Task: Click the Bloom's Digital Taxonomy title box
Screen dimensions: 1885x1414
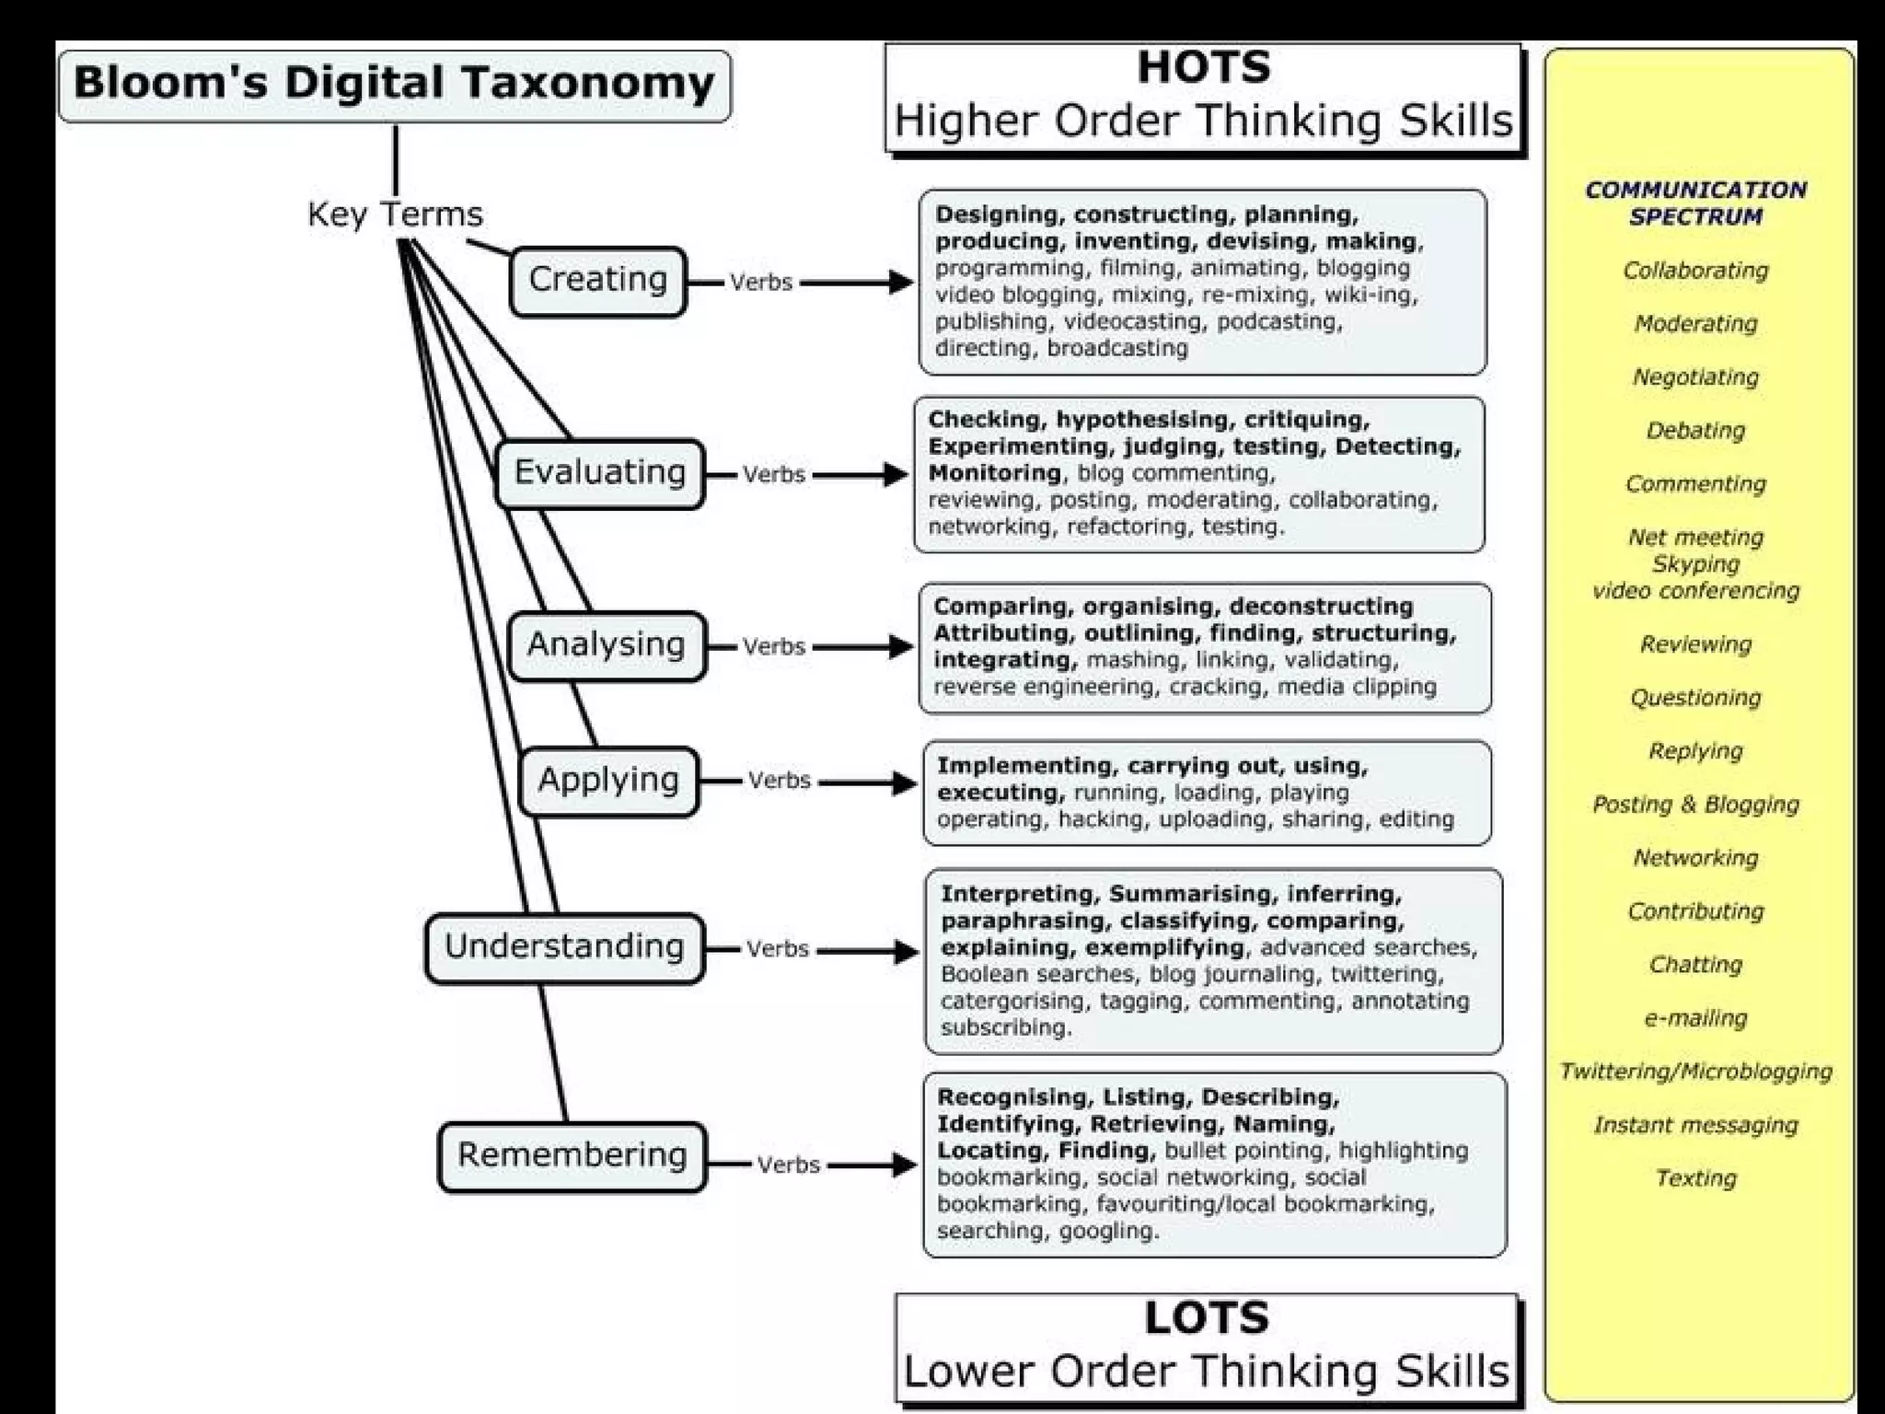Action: point(394,85)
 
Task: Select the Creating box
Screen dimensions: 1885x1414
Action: point(597,280)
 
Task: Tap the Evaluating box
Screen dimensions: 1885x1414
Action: point(599,473)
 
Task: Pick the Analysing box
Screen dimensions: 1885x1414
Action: point(606,645)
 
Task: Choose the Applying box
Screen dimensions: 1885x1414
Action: point(608,781)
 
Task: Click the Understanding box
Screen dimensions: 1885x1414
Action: point(564,947)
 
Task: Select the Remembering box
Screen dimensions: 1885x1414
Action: point(572,1155)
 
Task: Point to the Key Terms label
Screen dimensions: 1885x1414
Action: point(395,214)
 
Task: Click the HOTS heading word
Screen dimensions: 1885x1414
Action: point(1204,68)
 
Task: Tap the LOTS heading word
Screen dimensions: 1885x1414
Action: point(1207,1318)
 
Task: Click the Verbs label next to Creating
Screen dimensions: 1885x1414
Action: point(761,283)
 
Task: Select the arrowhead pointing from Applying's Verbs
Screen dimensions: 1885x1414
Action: point(903,783)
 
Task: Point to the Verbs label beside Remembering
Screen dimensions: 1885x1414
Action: point(789,1165)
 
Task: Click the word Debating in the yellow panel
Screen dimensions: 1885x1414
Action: point(1695,431)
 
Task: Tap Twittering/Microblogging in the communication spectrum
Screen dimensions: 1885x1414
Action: point(1695,1072)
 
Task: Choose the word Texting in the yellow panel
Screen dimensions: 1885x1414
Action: point(1695,1178)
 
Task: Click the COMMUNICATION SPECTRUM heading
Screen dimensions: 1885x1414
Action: point(1695,203)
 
